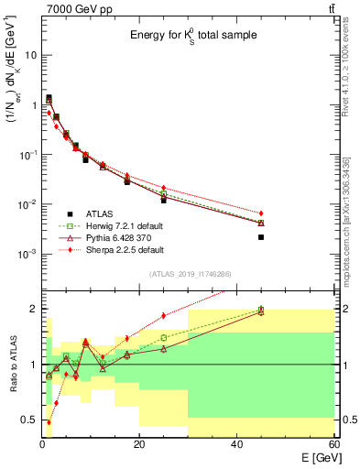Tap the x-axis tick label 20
point(139,444)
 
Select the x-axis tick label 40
point(236,444)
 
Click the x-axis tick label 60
point(333,444)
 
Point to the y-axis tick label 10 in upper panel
point(32,55)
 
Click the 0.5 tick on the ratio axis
point(30,420)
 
